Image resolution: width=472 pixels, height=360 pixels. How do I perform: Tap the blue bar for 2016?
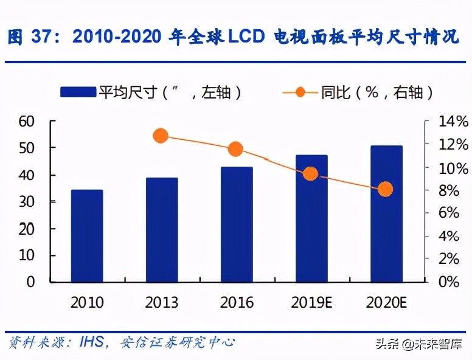[237, 224]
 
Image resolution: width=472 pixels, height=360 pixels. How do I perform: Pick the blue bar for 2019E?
[311, 218]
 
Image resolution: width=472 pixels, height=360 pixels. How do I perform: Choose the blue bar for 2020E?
[386, 214]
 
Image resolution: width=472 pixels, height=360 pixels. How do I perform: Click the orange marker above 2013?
[161, 136]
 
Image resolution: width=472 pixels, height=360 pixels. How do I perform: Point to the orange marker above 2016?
[236, 149]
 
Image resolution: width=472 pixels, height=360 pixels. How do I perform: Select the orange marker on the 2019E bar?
[311, 174]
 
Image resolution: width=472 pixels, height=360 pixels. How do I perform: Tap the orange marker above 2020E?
[386, 190]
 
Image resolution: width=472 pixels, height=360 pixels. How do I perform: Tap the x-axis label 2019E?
[311, 302]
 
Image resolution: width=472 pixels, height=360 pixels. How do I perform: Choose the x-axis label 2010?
[87, 302]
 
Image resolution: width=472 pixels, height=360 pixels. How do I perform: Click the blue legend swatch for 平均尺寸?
[78, 92]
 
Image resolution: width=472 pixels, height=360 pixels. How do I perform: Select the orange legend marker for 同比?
[300, 92]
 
